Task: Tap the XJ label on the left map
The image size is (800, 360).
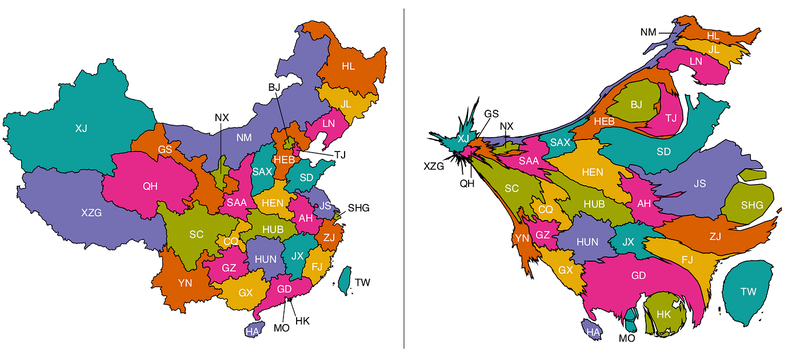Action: tap(81, 128)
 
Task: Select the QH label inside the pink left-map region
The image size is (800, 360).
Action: tap(150, 186)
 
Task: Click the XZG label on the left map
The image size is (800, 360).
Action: tap(91, 213)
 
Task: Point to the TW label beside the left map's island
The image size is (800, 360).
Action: tap(362, 282)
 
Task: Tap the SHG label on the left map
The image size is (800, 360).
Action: tap(358, 207)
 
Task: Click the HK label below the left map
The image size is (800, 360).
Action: tap(302, 321)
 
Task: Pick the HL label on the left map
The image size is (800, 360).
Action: tap(348, 66)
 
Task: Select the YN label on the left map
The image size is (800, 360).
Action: tap(185, 283)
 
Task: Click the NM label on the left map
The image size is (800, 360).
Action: tap(243, 138)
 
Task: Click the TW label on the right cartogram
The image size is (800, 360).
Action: tap(748, 292)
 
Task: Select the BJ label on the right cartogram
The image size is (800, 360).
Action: tap(637, 105)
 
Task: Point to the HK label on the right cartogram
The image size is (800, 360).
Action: tap(663, 314)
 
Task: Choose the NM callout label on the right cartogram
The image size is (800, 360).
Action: tap(649, 33)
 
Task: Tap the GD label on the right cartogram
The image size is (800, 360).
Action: tap(638, 275)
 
